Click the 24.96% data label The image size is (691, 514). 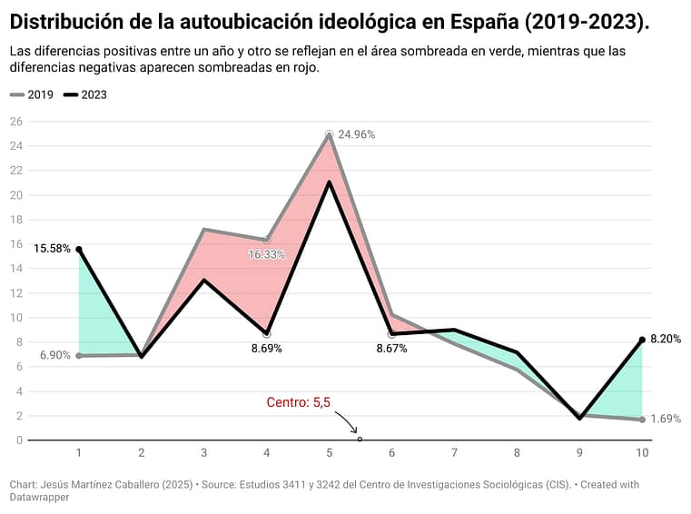pos(356,134)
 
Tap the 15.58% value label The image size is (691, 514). pos(52,248)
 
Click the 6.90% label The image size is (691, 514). pos(54,355)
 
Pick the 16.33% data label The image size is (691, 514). pos(266,255)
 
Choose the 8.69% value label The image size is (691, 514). pos(266,348)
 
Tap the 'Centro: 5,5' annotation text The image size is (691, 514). pos(298,402)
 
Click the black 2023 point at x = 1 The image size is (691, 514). pos(79,249)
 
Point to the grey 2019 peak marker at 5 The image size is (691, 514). pos(329,133)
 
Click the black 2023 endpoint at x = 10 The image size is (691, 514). pos(642,340)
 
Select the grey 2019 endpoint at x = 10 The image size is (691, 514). pos(642,420)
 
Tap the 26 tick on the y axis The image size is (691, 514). pos(15,122)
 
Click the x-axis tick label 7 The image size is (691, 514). pos(454,452)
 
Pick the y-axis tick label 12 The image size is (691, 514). pos(15,293)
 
